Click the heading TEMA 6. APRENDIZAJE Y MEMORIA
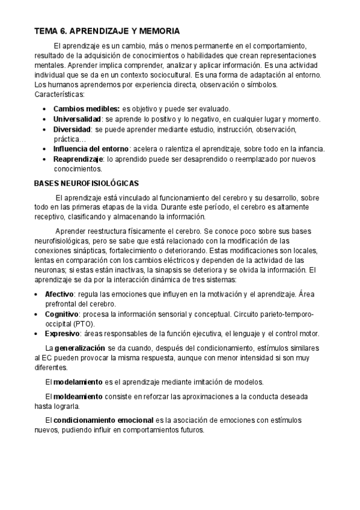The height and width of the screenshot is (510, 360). pos(107,31)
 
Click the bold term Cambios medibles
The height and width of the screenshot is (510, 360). pos(86,109)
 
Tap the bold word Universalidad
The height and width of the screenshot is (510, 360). pos(76,119)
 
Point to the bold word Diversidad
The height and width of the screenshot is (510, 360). pos(72,129)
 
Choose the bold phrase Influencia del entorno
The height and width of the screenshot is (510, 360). pos(91,149)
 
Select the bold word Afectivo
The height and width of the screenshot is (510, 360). pos(59,294)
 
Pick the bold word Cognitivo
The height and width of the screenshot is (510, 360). pos(61,314)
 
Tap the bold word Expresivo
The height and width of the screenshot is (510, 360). pos(61,334)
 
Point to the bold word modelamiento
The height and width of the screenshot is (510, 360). pos(79,382)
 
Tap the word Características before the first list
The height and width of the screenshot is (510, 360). pos(59,94)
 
